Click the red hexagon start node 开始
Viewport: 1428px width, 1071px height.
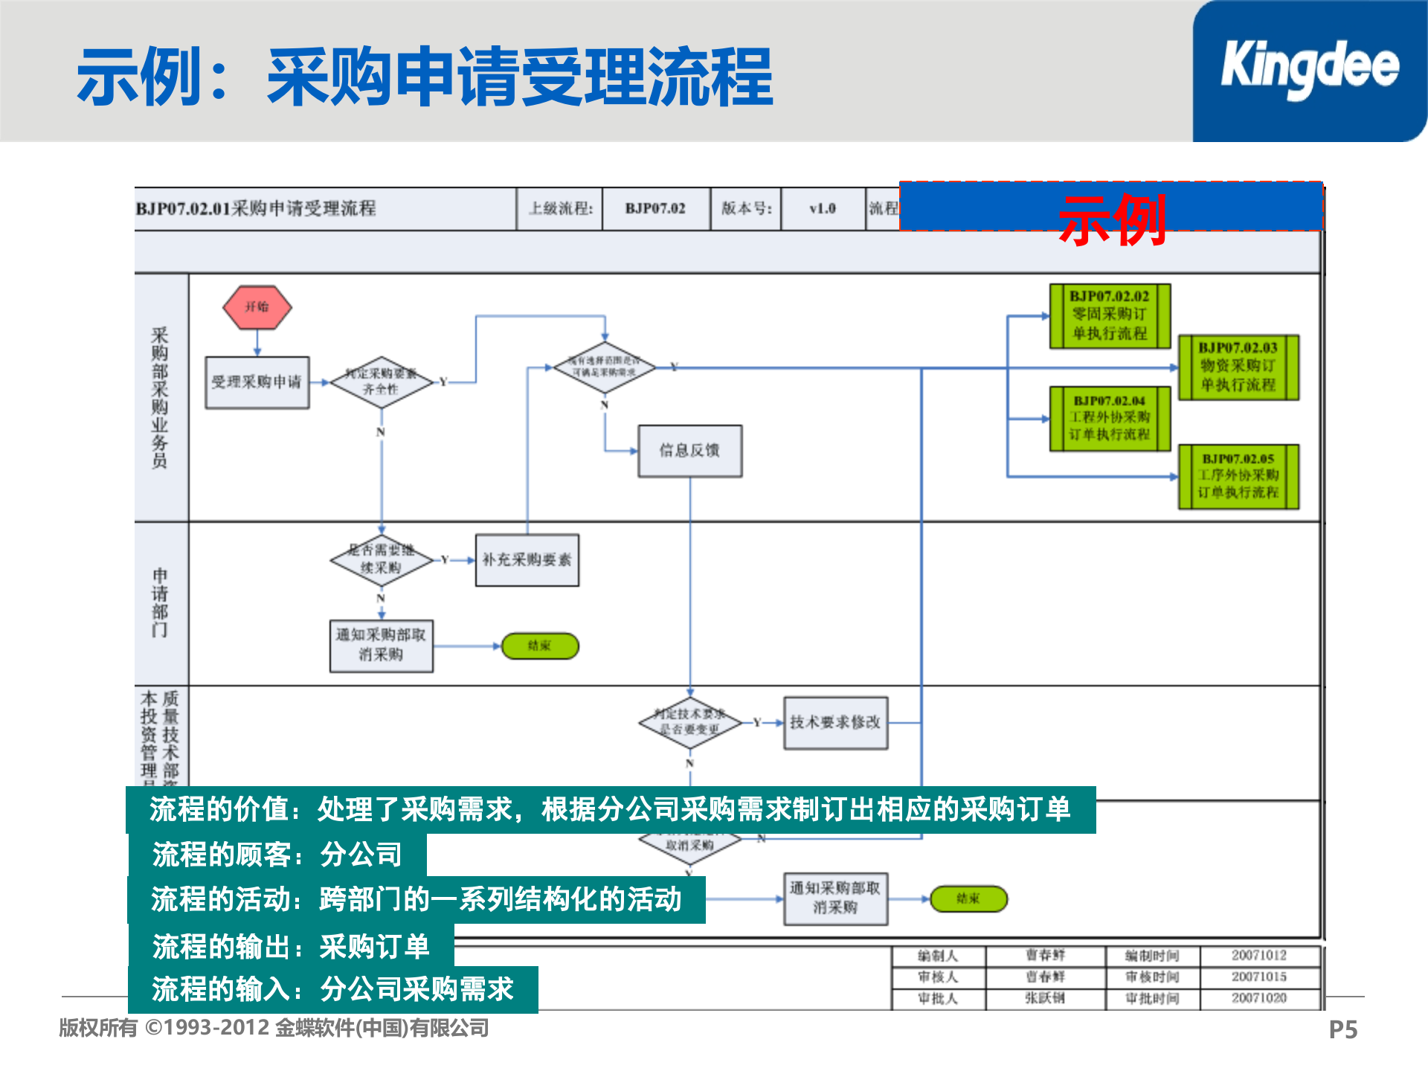[x=257, y=307]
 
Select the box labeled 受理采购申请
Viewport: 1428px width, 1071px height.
[x=257, y=382]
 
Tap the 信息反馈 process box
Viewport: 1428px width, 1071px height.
[x=689, y=451]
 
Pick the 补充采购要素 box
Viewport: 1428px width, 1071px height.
[x=527, y=560]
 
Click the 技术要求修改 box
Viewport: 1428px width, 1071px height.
[x=835, y=722]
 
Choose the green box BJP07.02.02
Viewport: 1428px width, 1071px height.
[x=1110, y=316]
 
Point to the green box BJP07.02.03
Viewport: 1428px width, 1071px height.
[x=1238, y=367]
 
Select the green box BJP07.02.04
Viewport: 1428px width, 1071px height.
[x=1110, y=419]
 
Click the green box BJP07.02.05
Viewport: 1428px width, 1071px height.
[x=1238, y=477]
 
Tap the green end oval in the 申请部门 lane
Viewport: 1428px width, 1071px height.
[x=540, y=646]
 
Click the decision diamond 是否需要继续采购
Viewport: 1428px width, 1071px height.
[x=382, y=559]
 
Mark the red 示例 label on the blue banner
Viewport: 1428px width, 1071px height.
[x=1112, y=219]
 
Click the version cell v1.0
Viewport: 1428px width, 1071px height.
[x=823, y=209]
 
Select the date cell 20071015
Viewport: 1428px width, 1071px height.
[x=1258, y=977]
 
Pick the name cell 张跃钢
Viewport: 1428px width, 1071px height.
[x=1045, y=998]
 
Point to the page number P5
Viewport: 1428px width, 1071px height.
[x=1342, y=1030]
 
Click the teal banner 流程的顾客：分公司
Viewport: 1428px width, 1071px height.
[x=277, y=855]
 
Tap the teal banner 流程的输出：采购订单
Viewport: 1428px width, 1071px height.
[x=291, y=947]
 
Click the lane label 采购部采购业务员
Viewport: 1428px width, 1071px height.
[x=160, y=398]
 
